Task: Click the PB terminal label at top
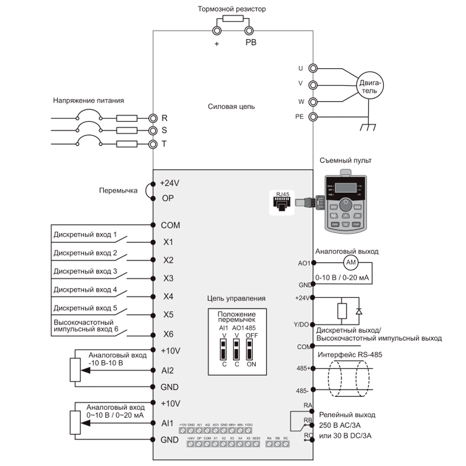[250, 43]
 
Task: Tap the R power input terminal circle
[153, 117]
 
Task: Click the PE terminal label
[300, 116]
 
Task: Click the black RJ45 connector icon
[283, 202]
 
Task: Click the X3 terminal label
[168, 278]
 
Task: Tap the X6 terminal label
[168, 334]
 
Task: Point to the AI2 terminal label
[168, 370]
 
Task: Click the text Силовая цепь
[231, 107]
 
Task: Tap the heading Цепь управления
[236, 298]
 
